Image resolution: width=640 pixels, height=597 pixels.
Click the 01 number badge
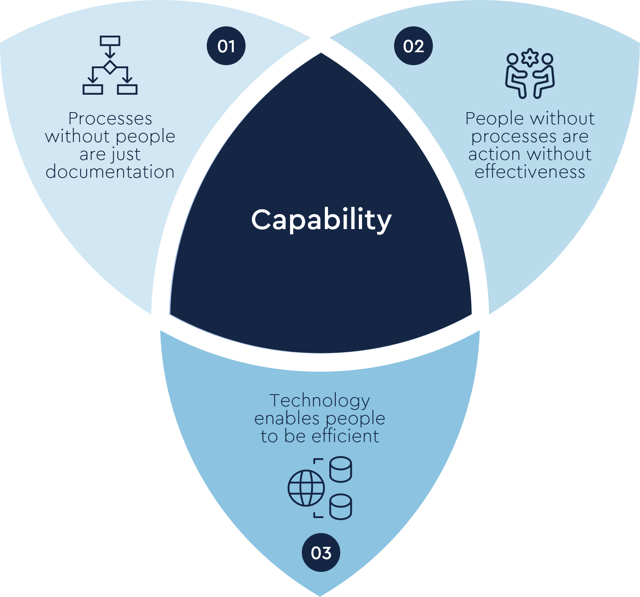(226, 46)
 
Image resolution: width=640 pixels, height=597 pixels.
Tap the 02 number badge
(413, 46)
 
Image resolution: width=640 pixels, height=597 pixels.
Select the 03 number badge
(321, 552)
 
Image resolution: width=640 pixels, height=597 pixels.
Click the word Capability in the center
(321, 220)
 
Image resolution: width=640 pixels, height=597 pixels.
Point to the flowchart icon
(110, 65)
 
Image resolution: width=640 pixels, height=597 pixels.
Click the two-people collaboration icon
(530, 75)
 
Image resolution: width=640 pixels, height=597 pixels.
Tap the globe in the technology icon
(306, 488)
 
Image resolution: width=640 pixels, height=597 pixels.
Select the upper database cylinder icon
(341, 470)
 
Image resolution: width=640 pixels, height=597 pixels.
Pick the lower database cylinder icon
(341, 507)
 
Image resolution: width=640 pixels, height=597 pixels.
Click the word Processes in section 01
(110, 119)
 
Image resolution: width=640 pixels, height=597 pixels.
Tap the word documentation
(110, 172)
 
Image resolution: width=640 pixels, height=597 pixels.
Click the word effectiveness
(530, 172)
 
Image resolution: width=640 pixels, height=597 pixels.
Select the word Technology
(320, 401)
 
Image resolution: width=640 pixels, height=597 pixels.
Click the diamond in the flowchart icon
(110, 67)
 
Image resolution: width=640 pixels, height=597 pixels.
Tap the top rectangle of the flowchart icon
(110, 40)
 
